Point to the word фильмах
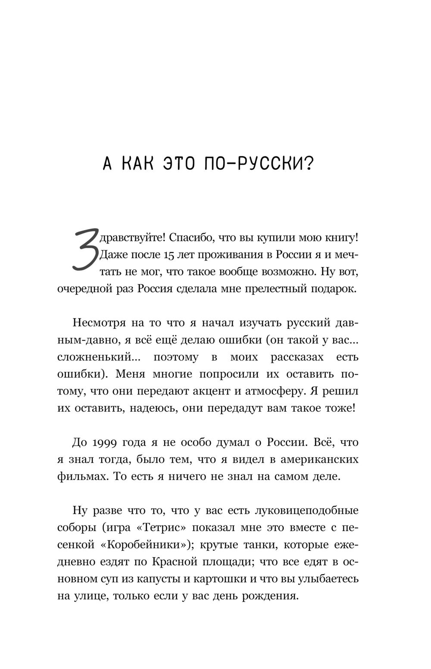(79, 477)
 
